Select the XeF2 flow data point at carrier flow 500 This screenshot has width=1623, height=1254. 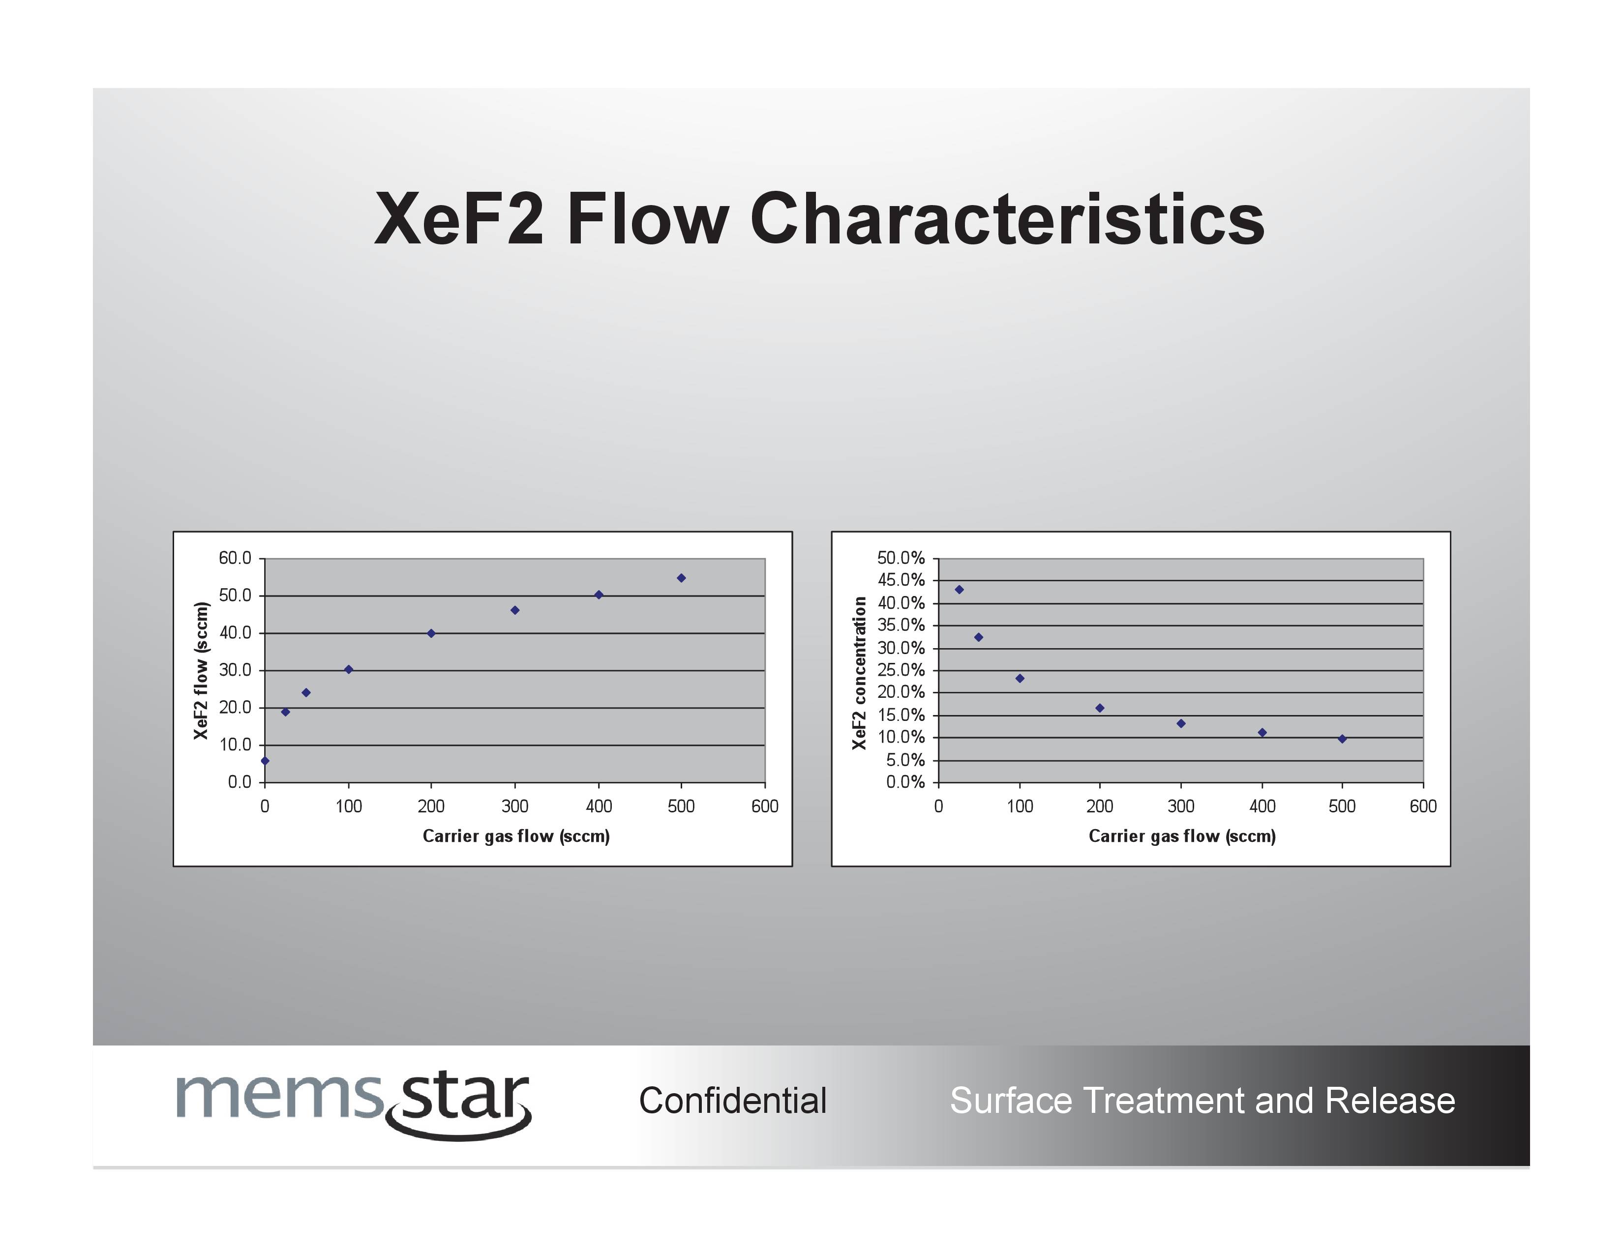click(682, 578)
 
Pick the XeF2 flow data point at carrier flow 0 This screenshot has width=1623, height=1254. click(265, 761)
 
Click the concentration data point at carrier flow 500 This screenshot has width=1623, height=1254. click(1342, 739)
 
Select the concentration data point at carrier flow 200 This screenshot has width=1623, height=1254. click(1100, 709)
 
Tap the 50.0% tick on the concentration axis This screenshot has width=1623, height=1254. click(901, 558)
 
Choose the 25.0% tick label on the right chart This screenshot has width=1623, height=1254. click(901, 670)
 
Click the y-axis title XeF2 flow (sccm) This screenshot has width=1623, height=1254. click(201, 671)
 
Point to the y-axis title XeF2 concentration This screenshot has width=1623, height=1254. click(859, 673)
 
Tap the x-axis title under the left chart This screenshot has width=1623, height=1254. click(516, 836)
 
